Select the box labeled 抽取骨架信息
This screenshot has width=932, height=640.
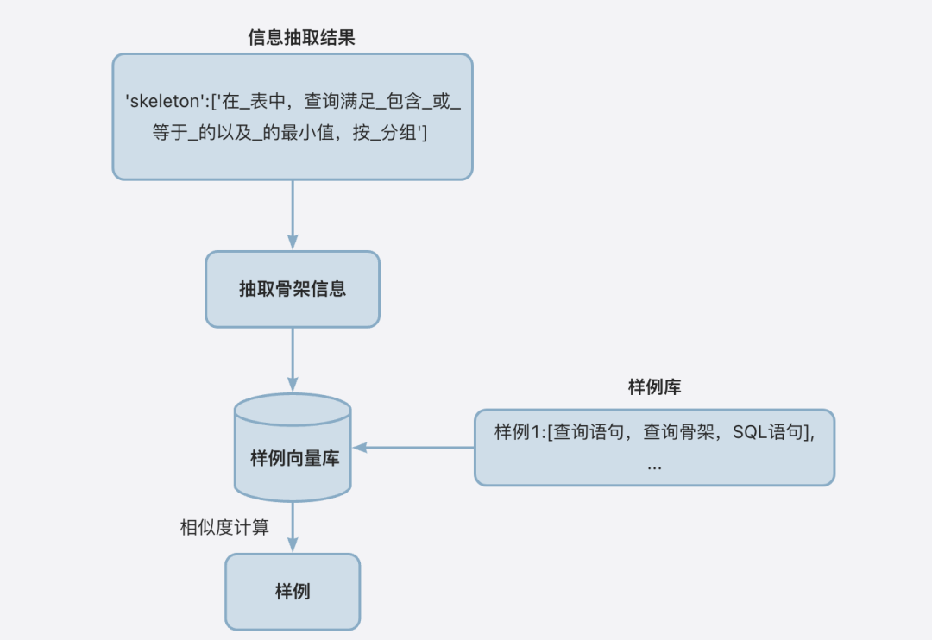pos(292,289)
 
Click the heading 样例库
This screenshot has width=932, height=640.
pos(654,387)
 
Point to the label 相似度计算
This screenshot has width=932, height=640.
pos(224,527)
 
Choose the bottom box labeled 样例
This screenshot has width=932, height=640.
pos(292,592)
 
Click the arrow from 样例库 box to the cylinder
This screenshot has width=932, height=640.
pos(414,448)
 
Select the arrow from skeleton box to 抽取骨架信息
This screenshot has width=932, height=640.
pos(293,216)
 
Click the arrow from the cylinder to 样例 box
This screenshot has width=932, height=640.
pos(293,528)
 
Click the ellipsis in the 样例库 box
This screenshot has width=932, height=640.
pos(654,466)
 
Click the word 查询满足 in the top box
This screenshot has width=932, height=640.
pos(337,101)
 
